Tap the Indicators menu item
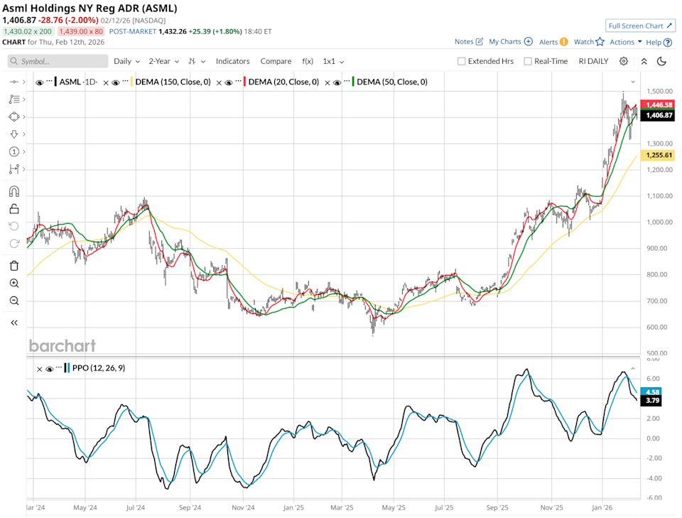(x=233, y=61)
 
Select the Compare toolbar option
(x=276, y=61)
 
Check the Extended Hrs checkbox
(x=462, y=61)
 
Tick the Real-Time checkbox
(x=528, y=61)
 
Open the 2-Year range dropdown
(x=162, y=61)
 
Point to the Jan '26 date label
(x=602, y=508)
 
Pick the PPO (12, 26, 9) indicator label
(x=98, y=368)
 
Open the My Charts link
(x=510, y=42)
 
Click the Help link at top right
(x=658, y=42)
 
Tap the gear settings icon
(x=624, y=61)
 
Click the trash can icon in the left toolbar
(x=14, y=266)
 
